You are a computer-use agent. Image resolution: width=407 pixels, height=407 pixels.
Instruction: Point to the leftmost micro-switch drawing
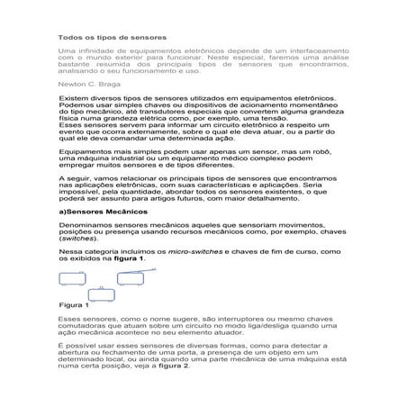[71, 278]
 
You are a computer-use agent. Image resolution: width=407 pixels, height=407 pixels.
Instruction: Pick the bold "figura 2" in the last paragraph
[173, 366]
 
